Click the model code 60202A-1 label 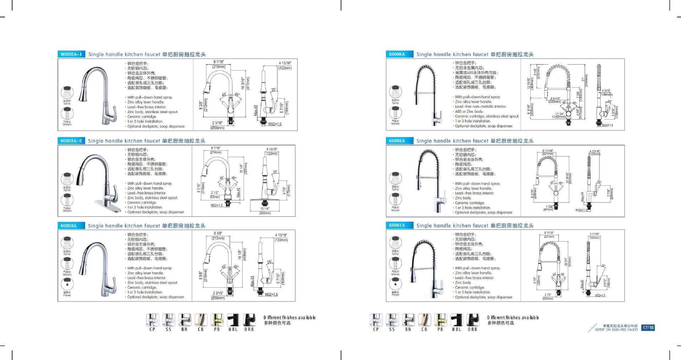pos(71,54)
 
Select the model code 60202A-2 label pos(71,141)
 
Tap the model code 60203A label pos(68,226)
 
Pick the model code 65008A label pos(397,54)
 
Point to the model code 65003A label pos(397,141)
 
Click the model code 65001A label pos(397,225)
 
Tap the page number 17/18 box pos(648,328)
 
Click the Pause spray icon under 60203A pos(67,284)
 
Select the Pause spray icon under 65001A pos(395,284)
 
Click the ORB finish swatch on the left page pos(249,320)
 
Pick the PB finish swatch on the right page pos(440,320)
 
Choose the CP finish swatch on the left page pos(152,320)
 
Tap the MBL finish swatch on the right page pos(456,320)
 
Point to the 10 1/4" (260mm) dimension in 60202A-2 pos(265,211)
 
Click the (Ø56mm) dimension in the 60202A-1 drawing pos(217,128)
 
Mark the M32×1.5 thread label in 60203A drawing pos(271,295)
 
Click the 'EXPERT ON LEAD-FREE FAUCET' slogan pos(616,330)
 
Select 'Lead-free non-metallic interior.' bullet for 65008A pos(481,106)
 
